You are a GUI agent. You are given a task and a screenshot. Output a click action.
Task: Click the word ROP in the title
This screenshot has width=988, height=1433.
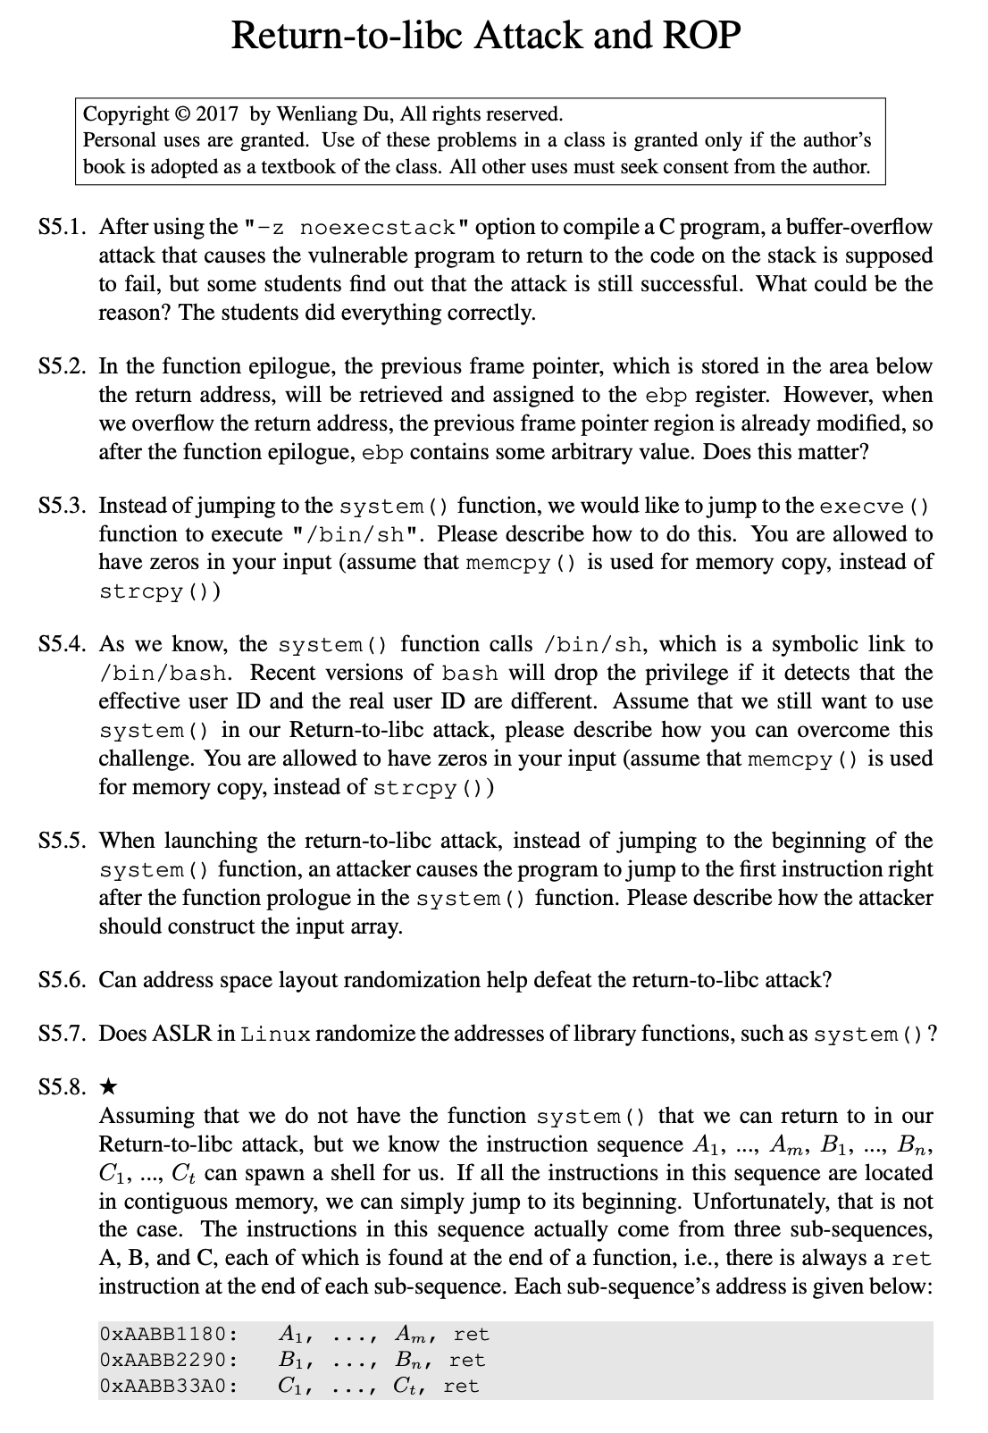click(701, 36)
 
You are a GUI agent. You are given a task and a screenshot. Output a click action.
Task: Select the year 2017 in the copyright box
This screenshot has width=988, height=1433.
click(217, 114)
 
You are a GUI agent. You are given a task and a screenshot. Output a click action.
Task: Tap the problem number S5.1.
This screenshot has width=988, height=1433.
click(63, 227)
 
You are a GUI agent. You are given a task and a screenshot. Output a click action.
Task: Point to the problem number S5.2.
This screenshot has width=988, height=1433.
click(63, 366)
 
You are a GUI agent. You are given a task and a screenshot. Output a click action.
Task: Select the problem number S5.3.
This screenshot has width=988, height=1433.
click(63, 506)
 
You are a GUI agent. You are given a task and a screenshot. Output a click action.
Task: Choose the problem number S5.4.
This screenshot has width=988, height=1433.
click(63, 645)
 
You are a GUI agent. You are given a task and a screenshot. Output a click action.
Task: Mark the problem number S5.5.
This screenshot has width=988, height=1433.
click(63, 841)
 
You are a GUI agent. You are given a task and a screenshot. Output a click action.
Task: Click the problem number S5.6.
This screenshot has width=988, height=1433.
click(63, 980)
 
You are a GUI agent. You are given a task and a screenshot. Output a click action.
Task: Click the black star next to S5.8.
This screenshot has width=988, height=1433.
click(107, 1087)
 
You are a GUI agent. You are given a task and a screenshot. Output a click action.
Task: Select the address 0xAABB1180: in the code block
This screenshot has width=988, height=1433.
click(170, 1335)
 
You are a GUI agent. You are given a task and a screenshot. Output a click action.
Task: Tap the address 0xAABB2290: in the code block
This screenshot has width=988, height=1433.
click(170, 1361)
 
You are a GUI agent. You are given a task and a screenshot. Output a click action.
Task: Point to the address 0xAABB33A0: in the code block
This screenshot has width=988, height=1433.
click(170, 1387)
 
